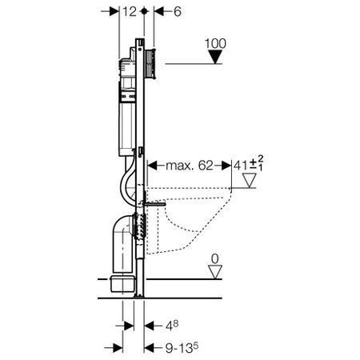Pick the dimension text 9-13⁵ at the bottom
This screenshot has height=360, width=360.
174,347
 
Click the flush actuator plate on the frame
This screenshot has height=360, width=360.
150,62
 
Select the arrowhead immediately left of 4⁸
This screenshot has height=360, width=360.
149,326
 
